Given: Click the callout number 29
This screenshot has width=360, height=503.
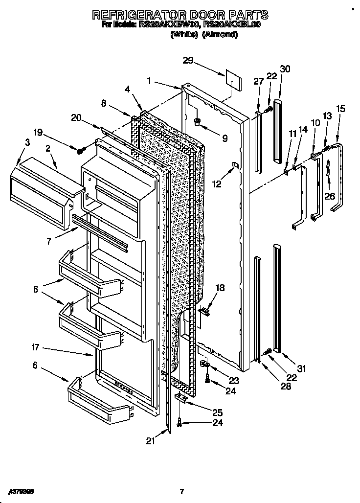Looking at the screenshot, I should click(188, 61).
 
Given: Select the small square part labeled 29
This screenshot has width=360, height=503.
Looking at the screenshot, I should click(232, 80).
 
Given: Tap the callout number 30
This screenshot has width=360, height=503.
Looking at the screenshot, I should click(285, 69).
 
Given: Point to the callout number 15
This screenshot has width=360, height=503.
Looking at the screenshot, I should click(340, 109).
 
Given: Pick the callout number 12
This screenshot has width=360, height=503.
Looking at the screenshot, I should click(217, 184).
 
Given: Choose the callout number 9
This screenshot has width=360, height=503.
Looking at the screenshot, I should click(225, 138).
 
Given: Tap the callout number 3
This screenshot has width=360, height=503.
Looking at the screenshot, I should click(27, 143).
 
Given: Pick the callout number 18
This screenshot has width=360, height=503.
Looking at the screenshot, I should click(220, 288).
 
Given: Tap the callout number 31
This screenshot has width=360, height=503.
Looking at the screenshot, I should click(301, 368).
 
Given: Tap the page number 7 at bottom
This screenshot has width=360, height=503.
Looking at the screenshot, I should click(181, 491).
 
